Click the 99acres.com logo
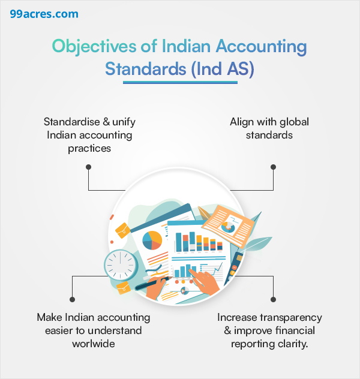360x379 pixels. pos(44,14)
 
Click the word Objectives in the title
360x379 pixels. pos(94,46)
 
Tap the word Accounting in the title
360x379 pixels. pos(262,46)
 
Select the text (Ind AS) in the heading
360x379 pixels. pos(223,69)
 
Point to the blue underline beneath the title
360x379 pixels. pos(180,82)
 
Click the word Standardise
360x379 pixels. pos(72,122)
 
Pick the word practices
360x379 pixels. pos(89,148)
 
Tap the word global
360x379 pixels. pos(294,122)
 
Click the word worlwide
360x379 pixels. pos(94,344)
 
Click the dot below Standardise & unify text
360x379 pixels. pos(88,167)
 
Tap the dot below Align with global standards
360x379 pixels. pos(273,167)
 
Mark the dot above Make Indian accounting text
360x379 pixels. pos(72,299)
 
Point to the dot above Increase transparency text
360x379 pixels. pos(273,299)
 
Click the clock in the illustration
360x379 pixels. pos(121,265)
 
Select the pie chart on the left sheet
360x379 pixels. pos(152,240)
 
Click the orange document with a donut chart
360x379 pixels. pos(228,226)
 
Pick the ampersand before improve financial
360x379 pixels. pos(227,330)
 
